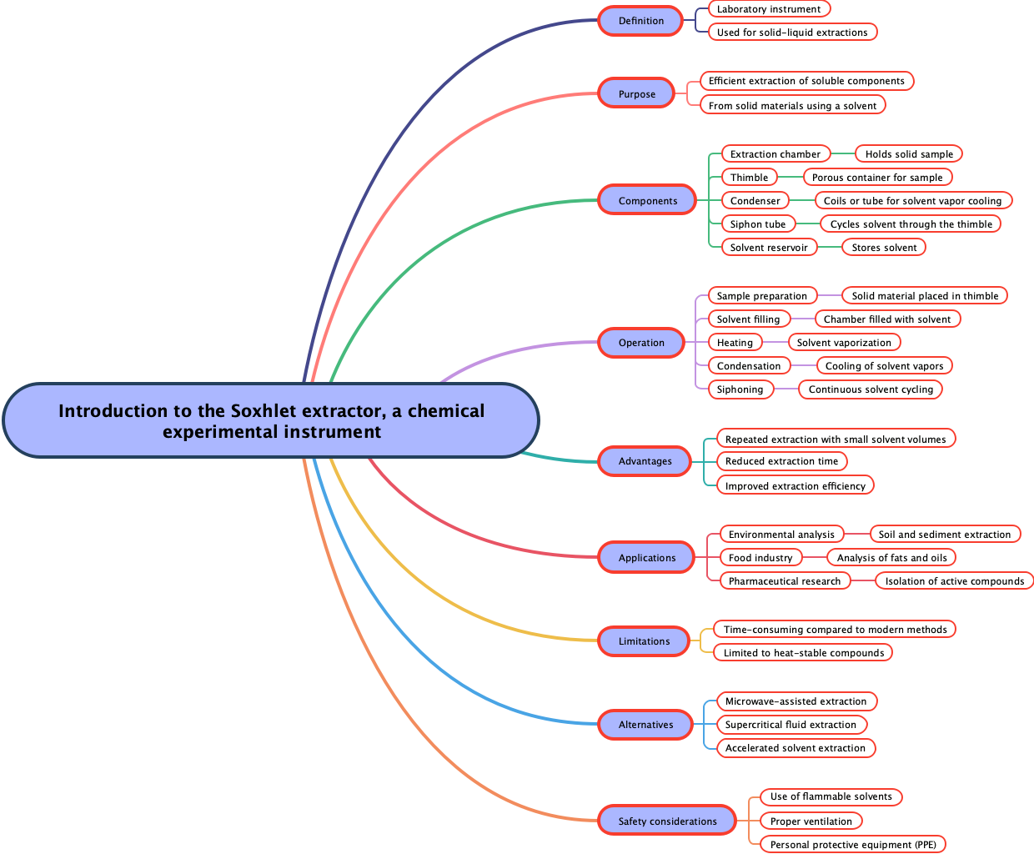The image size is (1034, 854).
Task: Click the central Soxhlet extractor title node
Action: [x=271, y=420]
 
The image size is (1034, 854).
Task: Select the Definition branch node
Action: [x=640, y=21]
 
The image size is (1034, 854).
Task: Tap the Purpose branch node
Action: [x=636, y=94]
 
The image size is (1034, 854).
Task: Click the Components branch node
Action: [x=647, y=201]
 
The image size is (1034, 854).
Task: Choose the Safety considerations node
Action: [x=667, y=821]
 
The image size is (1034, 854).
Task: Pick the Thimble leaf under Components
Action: [x=749, y=178]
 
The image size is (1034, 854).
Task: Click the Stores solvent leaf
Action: [x=884, y=248]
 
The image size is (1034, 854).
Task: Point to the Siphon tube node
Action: [x=757, y=224]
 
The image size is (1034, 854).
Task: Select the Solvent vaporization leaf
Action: [x=844, y=343]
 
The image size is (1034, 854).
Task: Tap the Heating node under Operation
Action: [x=735, y=343]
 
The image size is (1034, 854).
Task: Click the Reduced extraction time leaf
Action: [x=781, y=461]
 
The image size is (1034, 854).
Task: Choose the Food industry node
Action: [x=760, y=558]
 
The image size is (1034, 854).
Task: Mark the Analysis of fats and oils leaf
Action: [x=891, y=558]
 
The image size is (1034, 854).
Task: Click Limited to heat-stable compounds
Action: [x=803, y=653]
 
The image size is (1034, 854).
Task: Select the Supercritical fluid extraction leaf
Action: [x=791, y=725]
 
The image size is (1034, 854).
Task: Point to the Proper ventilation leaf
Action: [x=811, y=821]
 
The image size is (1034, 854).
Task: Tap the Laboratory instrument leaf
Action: [x=769, y=9]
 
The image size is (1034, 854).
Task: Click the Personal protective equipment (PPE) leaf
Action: [x=853, y=845]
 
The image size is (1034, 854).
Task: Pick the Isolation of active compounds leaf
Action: [x=954, y=581]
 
